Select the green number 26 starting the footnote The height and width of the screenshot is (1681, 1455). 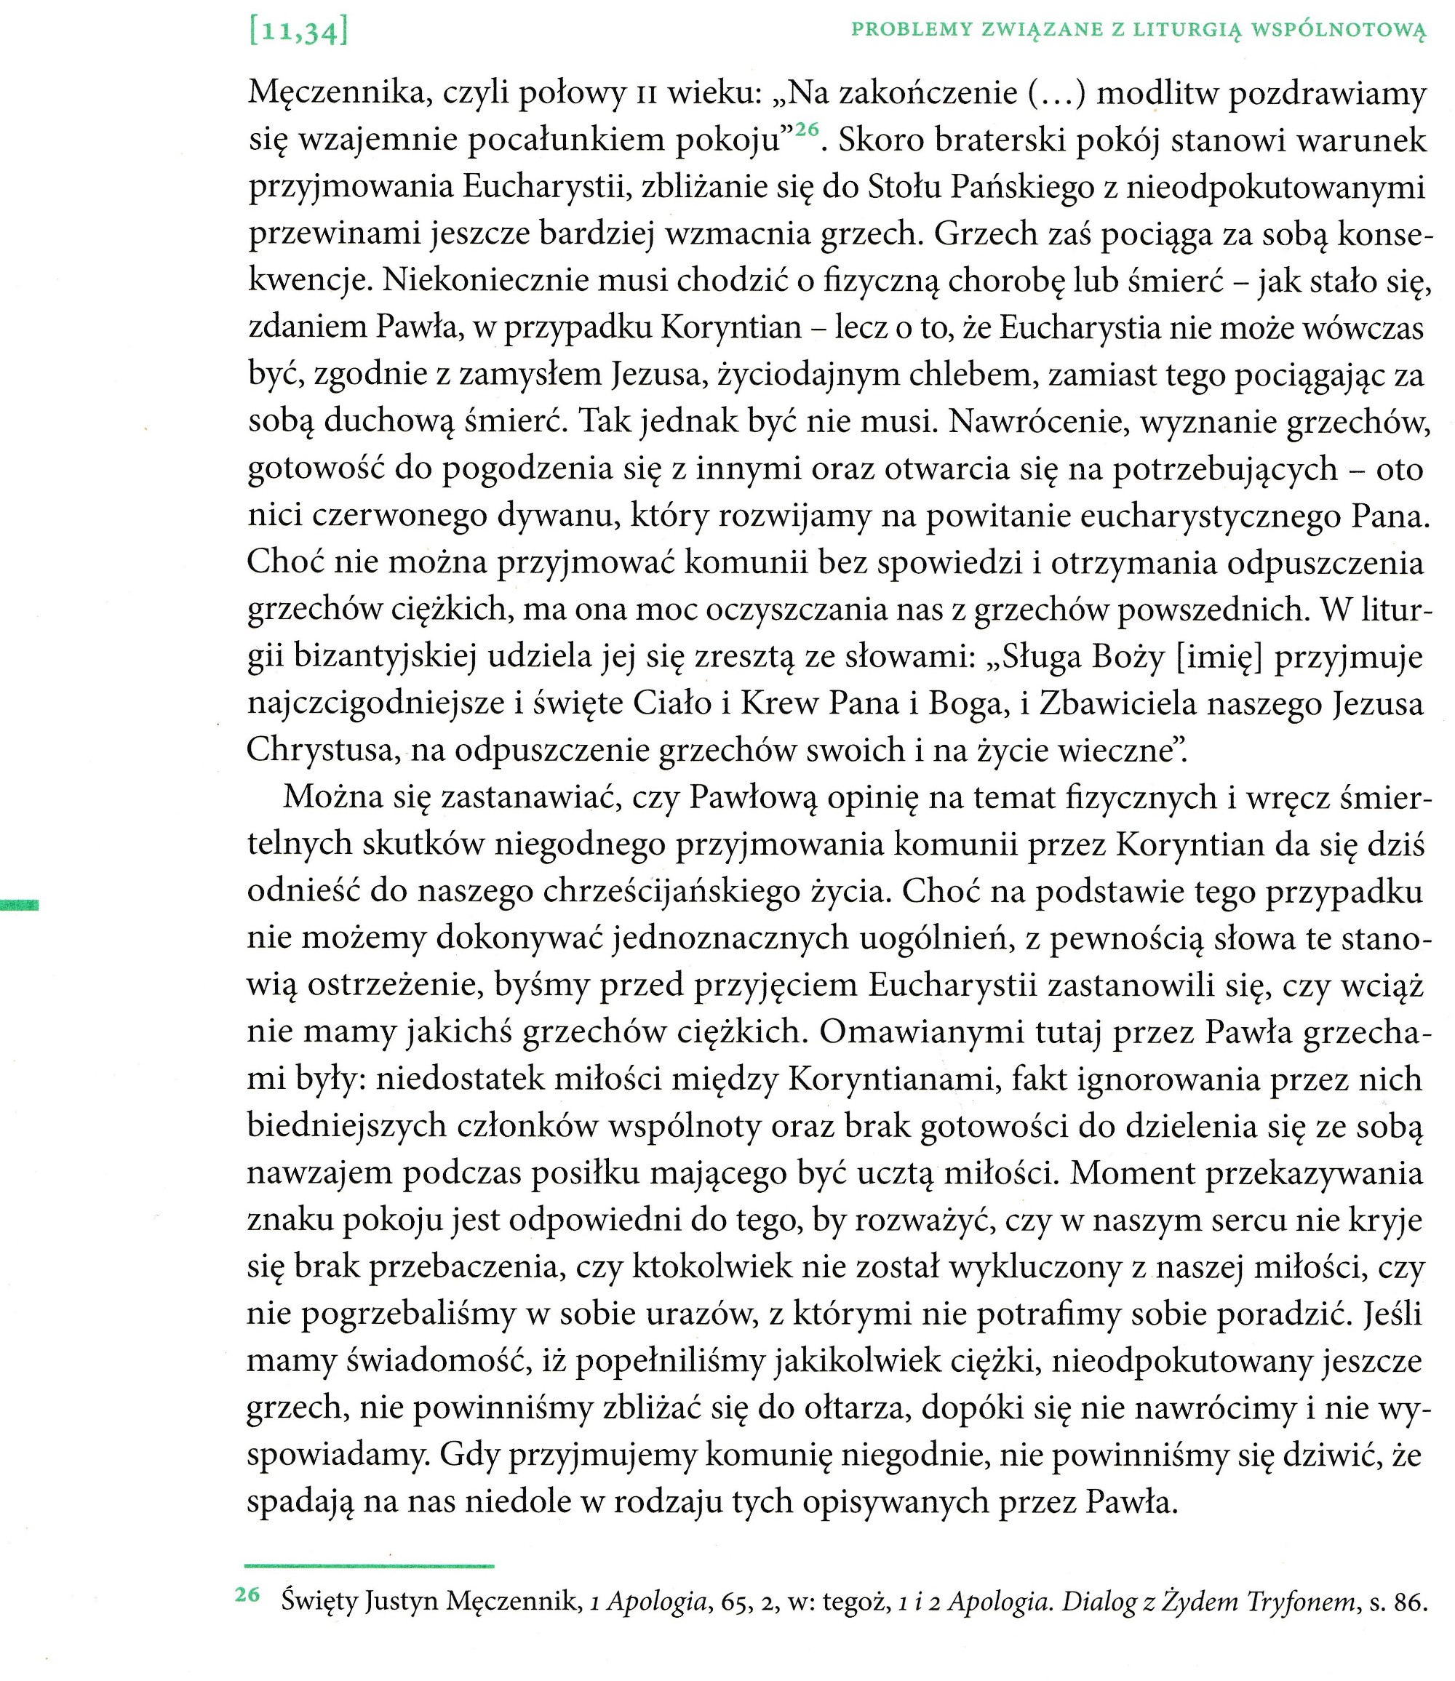[247, 1595]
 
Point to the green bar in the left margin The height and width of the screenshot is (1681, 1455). [19, 905]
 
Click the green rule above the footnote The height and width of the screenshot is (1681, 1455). [369, 1565]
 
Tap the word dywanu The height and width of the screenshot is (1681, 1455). [552, 516]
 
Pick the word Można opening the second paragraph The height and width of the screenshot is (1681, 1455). [331, 799]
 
